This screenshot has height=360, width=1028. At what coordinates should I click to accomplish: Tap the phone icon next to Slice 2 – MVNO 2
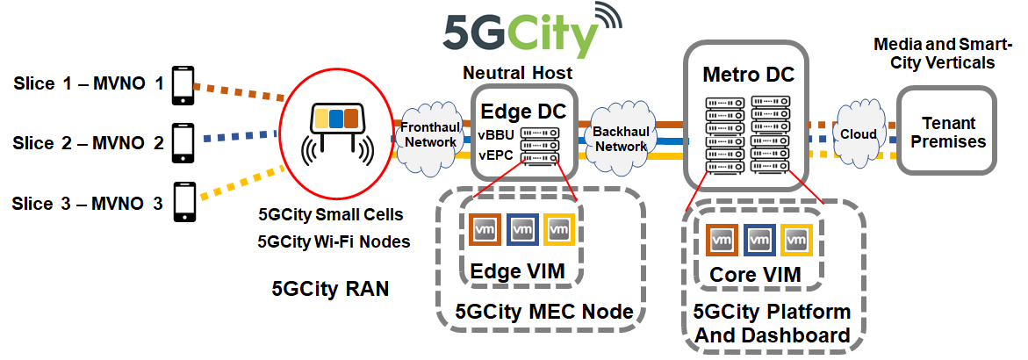click(x=182, y=141)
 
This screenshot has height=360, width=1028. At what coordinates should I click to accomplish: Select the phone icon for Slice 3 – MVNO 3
click(x=184, y=202)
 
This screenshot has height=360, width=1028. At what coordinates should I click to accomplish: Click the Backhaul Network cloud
click(x=621, y=135)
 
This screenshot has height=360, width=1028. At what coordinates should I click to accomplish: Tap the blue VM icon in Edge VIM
click(x=522, y=230)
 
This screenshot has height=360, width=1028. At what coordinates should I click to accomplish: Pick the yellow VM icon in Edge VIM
click(x=559, y=230)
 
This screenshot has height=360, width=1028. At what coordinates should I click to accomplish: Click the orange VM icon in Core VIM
click(x=721, y=239)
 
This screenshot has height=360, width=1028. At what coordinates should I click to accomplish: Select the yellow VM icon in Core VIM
click(x=794, y=239)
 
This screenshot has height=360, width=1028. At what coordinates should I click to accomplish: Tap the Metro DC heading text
click(x=748, y=75)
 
